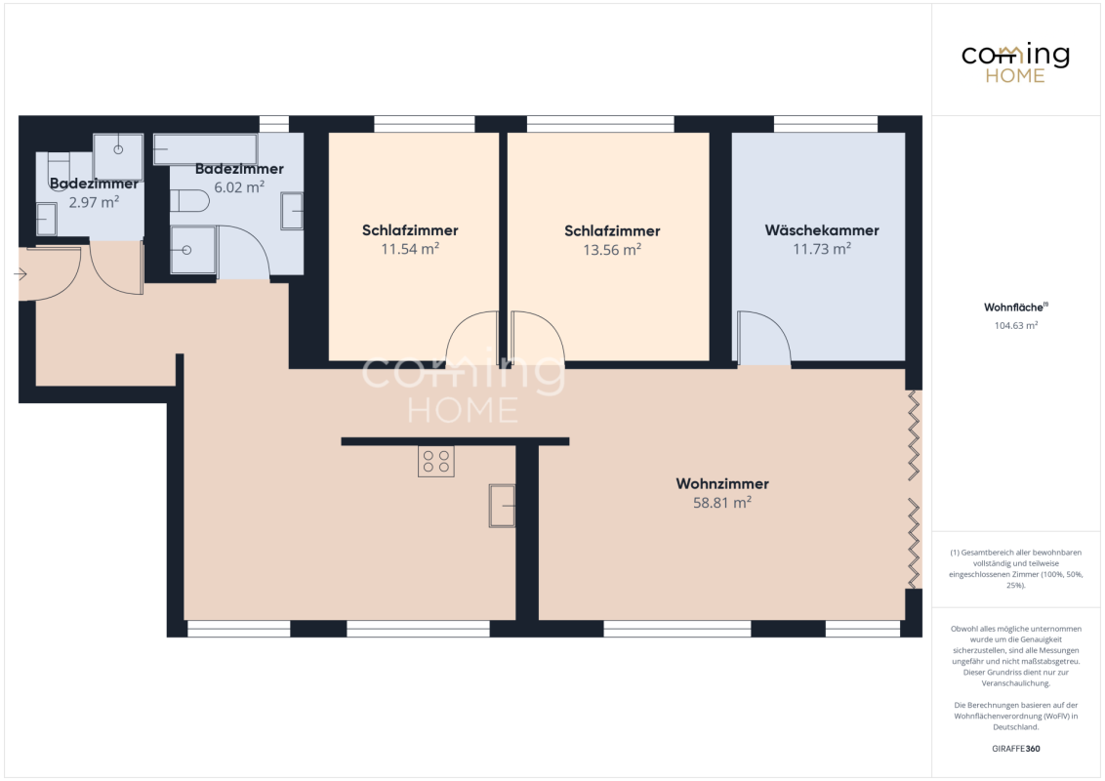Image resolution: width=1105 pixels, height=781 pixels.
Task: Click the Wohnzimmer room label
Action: pyautogui.click(x=722, y=483)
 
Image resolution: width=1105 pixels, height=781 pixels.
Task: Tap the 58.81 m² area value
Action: pyautogui.click(x=722, y=502)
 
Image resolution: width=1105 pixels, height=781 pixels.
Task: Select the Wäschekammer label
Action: pyautogui.click(x=822, y=230)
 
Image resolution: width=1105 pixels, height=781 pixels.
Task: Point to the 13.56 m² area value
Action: pyautogui.click(x=612, y=250)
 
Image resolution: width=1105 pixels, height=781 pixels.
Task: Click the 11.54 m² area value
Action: pyautogui.click(x=410, y=249)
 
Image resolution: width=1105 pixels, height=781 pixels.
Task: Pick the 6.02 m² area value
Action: pyautogui.click(x=239, y=187)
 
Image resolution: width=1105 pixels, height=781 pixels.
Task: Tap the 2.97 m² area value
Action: pyautogui.click(x=94, y=202)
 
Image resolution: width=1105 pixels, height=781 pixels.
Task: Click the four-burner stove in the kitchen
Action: pyautogui.click(x=436, y=462)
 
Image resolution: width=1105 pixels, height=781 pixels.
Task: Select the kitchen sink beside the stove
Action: pyautogui.click(x=502, y=506)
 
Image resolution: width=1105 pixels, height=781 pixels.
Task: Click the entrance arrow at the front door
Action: pyautogui.click(x=20, y=273)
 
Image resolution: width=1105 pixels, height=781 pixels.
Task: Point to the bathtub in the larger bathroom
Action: pyautogui.click(x=206, y=149)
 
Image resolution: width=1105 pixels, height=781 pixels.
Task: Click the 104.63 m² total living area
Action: pyautogui.click(x=1016, y=326)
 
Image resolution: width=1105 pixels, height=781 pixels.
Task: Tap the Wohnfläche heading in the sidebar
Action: pyautogui.click(x=1015, y=308)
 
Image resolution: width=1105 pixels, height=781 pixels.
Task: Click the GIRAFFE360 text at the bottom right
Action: pyautogui.click(x=1015, y=749)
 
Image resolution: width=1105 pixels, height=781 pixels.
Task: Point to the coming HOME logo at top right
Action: pyautogui.click(x=1015, y=62)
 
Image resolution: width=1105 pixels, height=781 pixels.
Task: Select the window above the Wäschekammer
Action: pyautogui.click(x=826, y=124)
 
